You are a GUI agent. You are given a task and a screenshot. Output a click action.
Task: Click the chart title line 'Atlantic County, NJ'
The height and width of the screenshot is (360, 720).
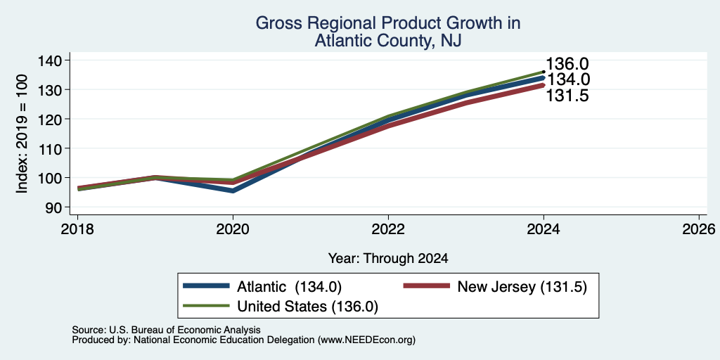click(387, 41)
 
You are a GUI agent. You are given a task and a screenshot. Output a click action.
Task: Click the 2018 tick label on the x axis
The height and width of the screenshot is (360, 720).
click(77, 229)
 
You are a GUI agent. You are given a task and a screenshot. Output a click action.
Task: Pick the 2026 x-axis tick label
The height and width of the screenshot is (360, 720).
click(699, 229)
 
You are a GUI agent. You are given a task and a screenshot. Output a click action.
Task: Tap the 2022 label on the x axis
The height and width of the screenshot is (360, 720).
click(388, 229)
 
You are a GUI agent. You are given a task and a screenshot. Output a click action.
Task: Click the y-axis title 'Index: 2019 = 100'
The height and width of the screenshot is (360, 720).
click(22, 134)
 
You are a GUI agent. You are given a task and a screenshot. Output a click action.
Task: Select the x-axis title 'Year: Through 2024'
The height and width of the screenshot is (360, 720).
click(388, 259)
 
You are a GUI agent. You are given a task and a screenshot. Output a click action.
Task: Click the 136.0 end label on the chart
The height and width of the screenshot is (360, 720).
click(567, 65)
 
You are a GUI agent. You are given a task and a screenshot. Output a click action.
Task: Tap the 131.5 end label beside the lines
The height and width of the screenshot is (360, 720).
click(567, 96)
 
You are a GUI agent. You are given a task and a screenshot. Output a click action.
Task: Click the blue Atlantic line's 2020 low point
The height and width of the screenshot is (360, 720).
click(233, 190)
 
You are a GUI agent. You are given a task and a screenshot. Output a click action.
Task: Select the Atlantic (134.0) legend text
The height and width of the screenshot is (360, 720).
click(289, 287)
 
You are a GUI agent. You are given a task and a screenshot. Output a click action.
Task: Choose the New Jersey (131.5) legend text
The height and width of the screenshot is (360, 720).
click(522, 287)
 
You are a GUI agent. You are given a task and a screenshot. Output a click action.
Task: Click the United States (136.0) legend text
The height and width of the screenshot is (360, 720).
click(308, 307)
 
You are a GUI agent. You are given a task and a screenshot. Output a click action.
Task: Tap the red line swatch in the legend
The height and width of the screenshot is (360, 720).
click(426, 286)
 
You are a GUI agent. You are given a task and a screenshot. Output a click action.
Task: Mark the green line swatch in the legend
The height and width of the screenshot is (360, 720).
click(206, 306)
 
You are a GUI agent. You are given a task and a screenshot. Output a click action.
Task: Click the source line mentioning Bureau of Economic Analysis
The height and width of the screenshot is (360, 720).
click(166, 330)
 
